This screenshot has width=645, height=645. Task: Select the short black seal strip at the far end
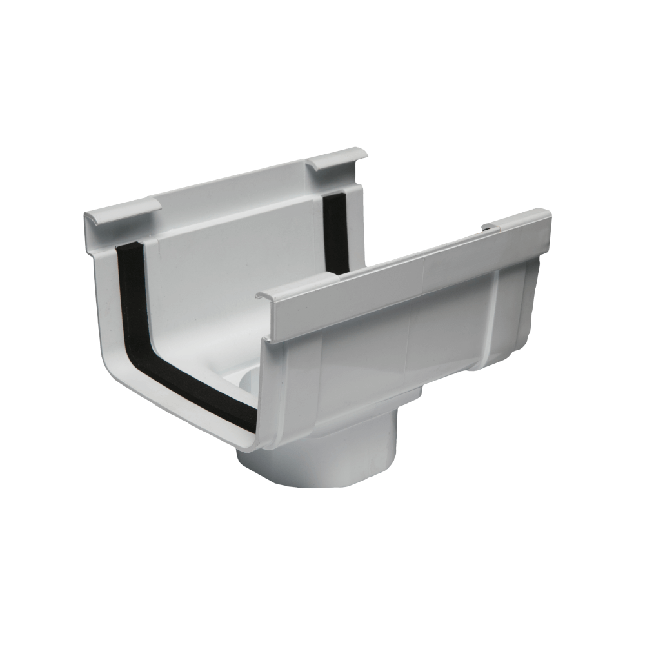click(335, 232)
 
